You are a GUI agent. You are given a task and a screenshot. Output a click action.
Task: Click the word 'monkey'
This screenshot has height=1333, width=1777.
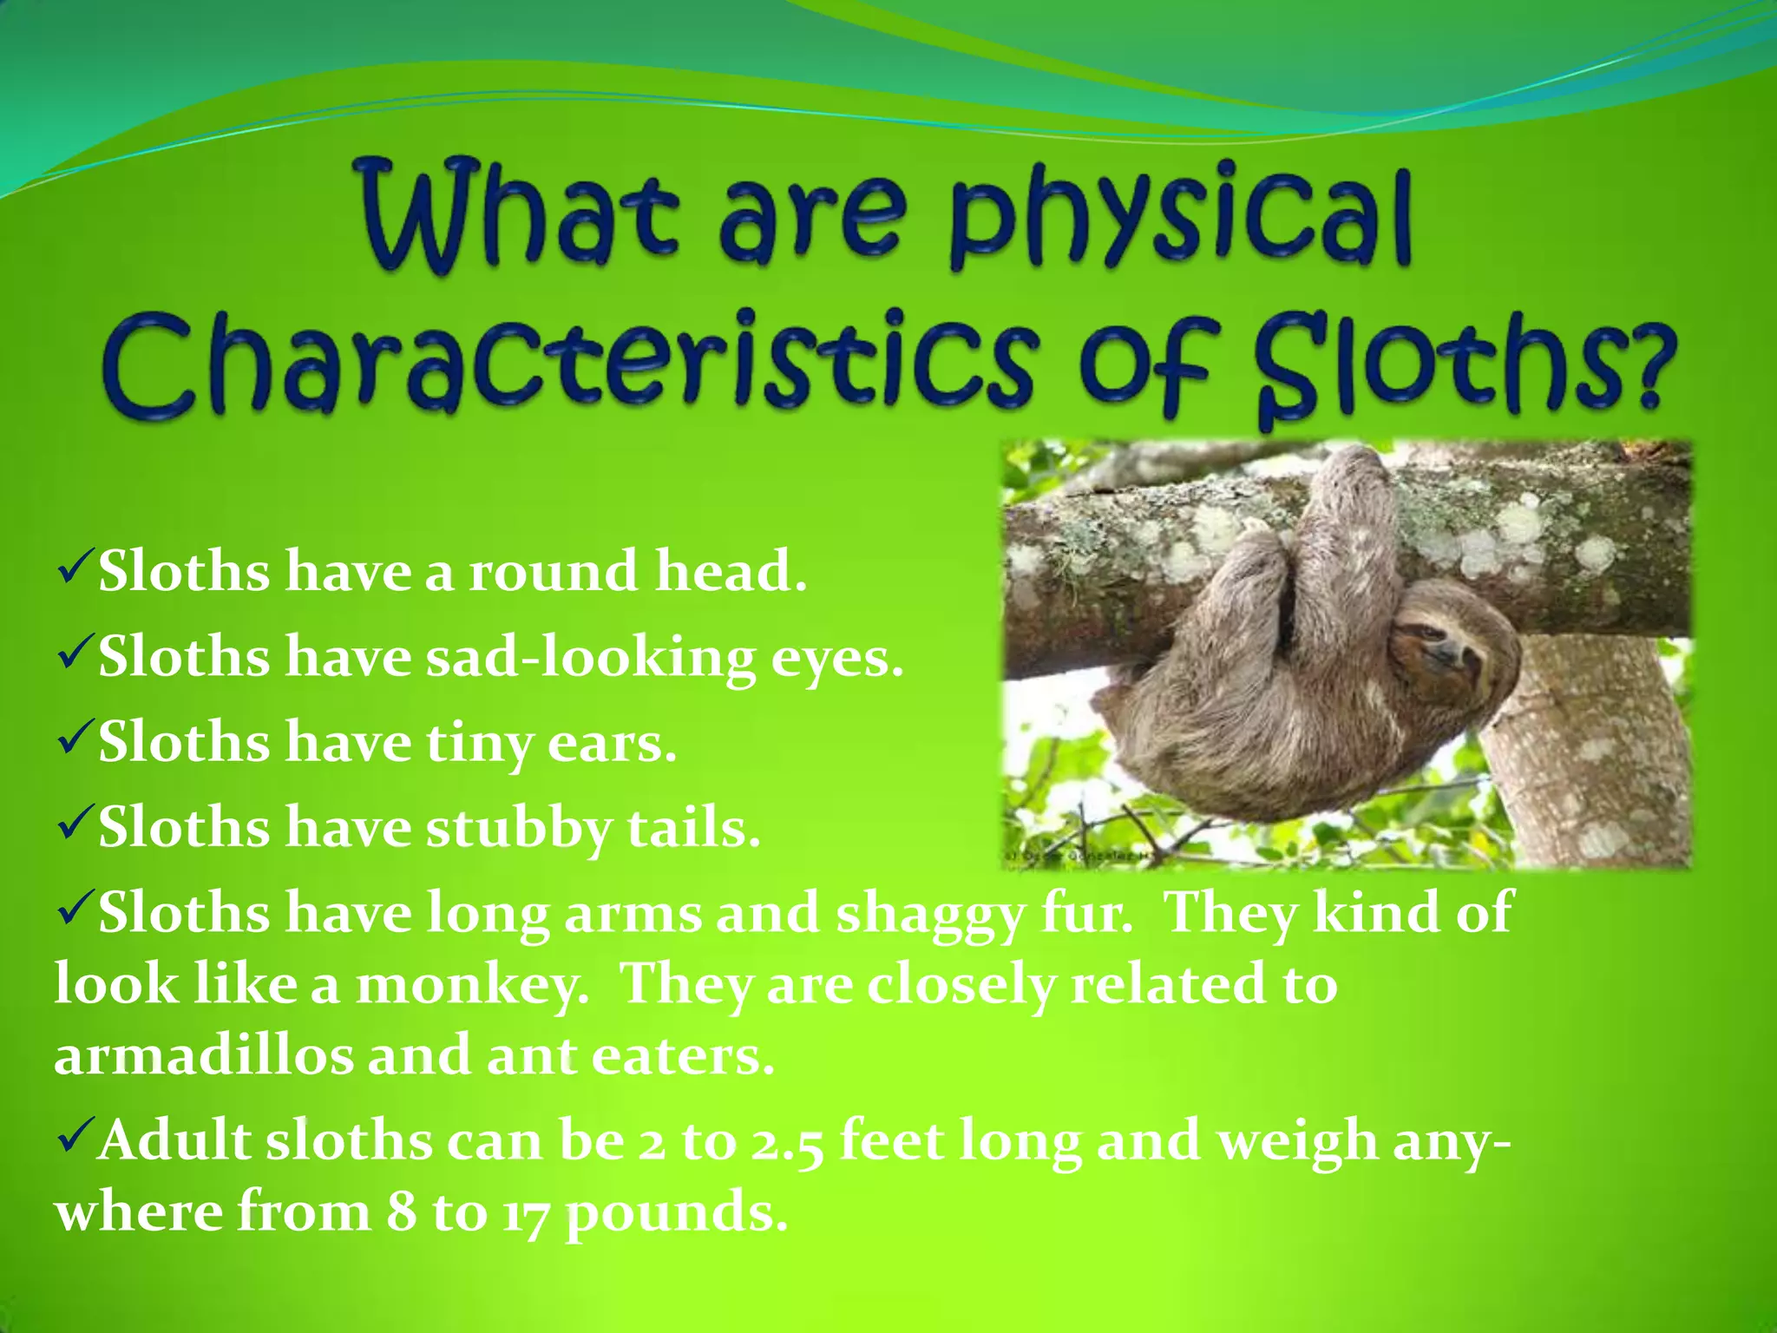(473, 986)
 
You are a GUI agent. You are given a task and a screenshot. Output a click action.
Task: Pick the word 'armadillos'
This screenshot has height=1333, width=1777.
(204, 1057)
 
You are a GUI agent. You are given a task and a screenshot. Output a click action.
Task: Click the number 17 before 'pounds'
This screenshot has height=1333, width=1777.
(525, 1214)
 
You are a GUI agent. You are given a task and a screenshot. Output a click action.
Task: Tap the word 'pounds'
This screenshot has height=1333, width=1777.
(678, 1214)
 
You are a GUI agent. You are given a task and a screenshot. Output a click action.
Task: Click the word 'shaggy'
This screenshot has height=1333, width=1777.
(928, 915)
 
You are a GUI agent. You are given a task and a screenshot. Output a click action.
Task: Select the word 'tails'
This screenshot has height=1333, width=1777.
(694, 828)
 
